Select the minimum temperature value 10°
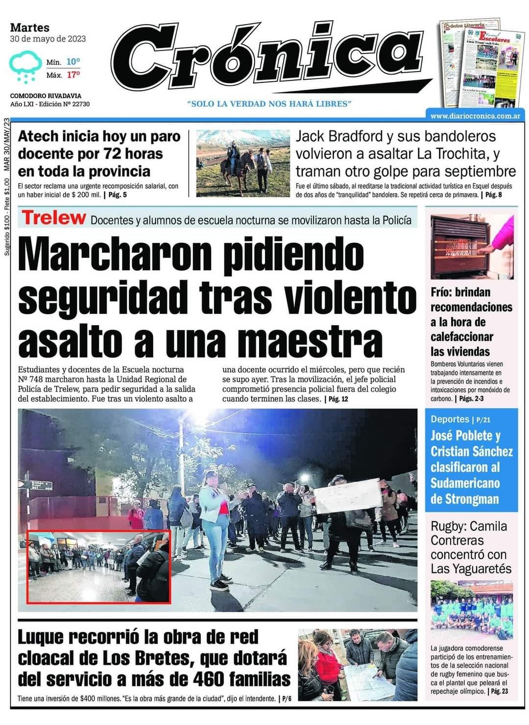[73, 62]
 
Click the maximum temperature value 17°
[73, 75]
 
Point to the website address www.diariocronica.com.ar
[475, 116]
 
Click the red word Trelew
[54, 218]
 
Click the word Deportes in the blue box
[450, 419]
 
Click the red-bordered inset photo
[98, 566]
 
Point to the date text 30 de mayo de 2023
[48, 38]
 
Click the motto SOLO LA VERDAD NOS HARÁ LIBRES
[269, 104]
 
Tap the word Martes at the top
[29, 27]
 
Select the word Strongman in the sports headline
[464, 499]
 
